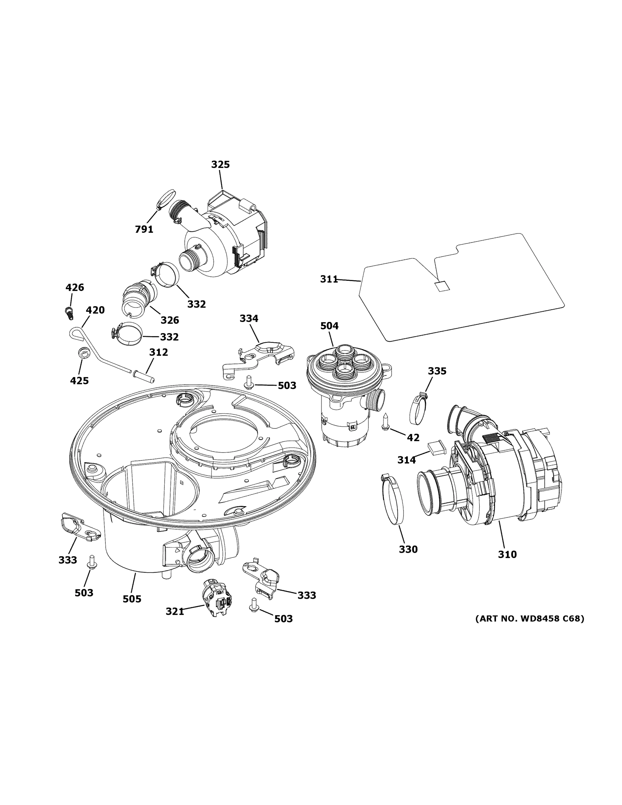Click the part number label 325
coord(220,164)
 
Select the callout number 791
coord(144,229)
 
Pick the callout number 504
coord(329,326)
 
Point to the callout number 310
coord(507,565)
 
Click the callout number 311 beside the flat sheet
coord(329,279)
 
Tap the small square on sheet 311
coord(442,286)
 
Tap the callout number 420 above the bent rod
coord(95,310)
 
